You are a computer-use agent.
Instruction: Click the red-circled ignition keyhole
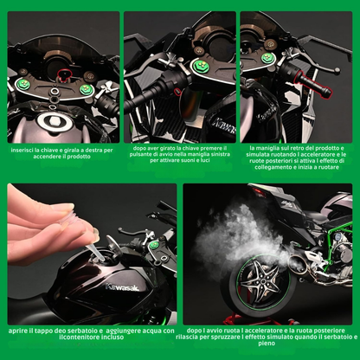(x=65, y=74)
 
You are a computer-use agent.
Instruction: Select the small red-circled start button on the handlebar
(x=177, y=92)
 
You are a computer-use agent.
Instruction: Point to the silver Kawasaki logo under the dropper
(x=122, y=287)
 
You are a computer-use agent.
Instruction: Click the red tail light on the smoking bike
(x=259, y=192)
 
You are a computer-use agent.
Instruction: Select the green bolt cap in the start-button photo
(x=200, y=66)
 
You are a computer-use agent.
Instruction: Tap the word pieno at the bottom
(x=267, y=344)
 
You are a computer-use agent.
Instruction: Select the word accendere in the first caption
(x=47, y=157)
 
